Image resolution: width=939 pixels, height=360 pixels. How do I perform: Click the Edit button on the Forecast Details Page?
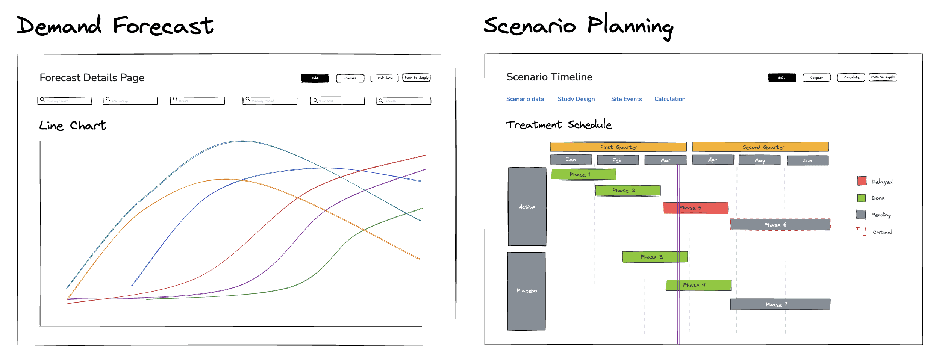click(x=315, y=78)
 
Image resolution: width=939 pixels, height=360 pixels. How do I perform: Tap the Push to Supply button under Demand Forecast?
click(x=416, y=78)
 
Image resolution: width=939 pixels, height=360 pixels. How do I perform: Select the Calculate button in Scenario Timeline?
click(x=851, y=77)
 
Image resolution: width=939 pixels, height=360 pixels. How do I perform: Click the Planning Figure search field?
click(x=65, y=101)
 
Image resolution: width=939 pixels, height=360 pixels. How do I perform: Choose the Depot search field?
click(x=197, y=101)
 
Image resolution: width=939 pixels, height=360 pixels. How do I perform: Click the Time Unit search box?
click(x=338, y=101)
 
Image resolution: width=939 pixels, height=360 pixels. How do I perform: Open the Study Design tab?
click(x=576, y=99)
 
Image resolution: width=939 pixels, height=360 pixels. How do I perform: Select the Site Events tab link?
click(x=626, y=99)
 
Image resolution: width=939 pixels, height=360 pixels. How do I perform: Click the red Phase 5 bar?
click(x=695, y=208)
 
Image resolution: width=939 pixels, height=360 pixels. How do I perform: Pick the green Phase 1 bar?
click(x=583, y=175)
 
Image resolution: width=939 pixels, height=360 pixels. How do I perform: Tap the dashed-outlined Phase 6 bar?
click(x=780, y=225)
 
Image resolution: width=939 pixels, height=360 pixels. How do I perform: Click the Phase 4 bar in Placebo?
click(x=698, y=285)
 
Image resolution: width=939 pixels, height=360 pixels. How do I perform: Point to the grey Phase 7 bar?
click(x=780, y=304)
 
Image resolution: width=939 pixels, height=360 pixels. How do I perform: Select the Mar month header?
click(x=665, y=160)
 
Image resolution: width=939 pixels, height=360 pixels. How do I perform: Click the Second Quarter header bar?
click(x=760, y=147)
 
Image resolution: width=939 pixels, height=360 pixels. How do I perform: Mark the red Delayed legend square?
click(x=862, y=181)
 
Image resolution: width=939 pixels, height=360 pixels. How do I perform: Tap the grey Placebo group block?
click(x=526, y=291)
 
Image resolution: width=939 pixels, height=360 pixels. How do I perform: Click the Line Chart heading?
click(x=73, y=126)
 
